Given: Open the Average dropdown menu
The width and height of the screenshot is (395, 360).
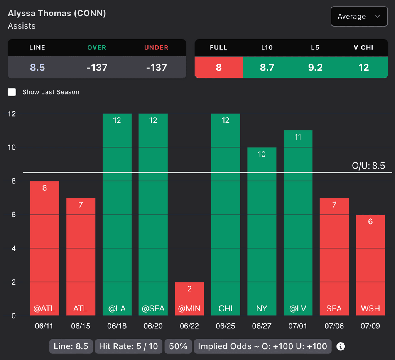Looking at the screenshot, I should pyautogui.click(x=359, y=17).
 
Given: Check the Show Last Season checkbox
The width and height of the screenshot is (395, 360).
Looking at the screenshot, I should pyautogui.click(x=12, y=92).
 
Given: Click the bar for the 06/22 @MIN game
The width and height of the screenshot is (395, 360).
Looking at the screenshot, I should pyautogui.click(x=189, y=299).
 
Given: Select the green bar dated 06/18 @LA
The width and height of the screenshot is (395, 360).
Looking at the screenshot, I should pyautogui.click(x=117, y=214).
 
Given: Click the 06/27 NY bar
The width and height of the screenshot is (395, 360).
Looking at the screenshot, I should pyautogui.click(x=262, y=231).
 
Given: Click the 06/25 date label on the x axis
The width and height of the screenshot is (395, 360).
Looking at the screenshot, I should pyautogui.click(x=225, y=326).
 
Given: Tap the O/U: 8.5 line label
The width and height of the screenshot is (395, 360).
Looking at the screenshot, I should pyautogui.click(x=368, y=166).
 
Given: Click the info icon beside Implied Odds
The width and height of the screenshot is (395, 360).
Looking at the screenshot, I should pyautogui.click(x=341, y=346).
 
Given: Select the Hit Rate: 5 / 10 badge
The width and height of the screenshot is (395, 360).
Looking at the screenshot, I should pyautogui.click(x=128, y=346).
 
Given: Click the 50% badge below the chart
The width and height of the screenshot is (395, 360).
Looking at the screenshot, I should pyautogui.click(x=178, y=346).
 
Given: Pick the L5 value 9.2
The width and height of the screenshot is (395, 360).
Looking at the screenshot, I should pyautogui.click(x=315, y=68).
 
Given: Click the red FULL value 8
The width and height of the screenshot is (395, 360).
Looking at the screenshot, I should pyautogui.click(x=219, y=68).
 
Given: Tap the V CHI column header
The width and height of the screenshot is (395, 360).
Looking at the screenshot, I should pyautogui.click(x=363, y=47).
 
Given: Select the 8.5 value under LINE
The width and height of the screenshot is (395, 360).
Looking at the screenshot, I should pyautogui.click(x=37, y=68).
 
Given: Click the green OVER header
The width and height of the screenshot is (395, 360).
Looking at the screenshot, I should pyautogui.click(x=96, y=47).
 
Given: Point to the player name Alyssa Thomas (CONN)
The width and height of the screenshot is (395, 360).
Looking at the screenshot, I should pyautogui.click(x=57, y=13).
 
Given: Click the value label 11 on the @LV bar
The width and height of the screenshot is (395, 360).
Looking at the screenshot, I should pyautogui.click(x=298, y=137).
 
